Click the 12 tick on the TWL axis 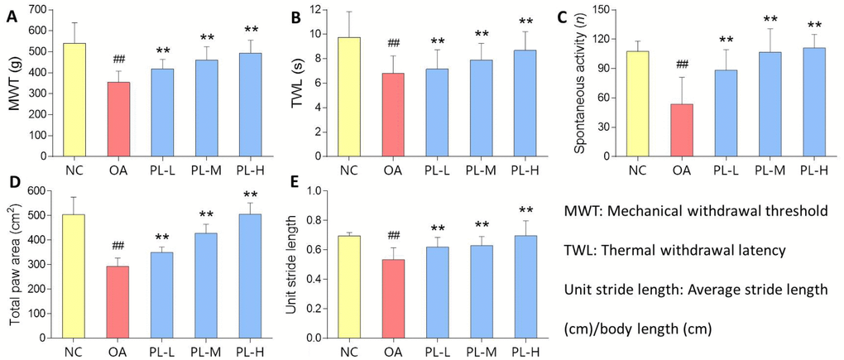318,9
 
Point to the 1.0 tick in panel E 314,191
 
